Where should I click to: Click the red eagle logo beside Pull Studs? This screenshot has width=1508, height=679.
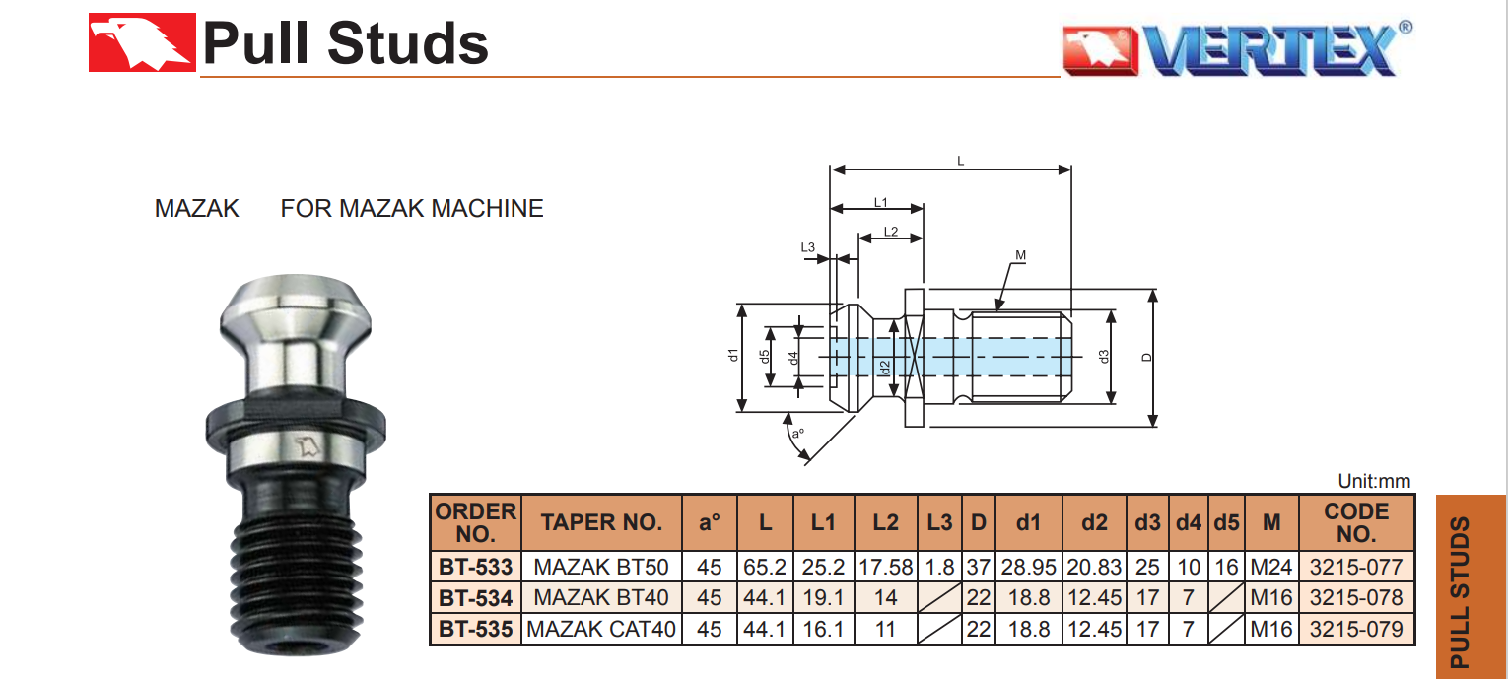(x=141, y=43)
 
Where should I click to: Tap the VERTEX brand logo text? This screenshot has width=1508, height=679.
(x=1271, y=49)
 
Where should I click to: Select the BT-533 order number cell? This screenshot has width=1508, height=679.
(x=475, y=568)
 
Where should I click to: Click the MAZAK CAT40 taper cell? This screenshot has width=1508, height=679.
(x=601, y=629)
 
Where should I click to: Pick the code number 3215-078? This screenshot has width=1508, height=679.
(x=1356, y=598)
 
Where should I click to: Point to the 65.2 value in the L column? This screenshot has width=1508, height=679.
(x=765, y=568)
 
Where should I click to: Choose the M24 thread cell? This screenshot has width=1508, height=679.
(x=1271, y=568)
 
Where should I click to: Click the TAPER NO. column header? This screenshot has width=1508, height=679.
(x=601, y=523)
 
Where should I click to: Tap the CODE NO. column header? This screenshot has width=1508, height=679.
(x=1356, y=523)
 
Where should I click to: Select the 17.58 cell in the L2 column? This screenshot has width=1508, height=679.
(x=885, y=568)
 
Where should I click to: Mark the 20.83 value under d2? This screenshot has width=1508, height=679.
(x=1094, y=568)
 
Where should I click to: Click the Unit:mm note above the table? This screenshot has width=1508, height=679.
(x=1374, y=482)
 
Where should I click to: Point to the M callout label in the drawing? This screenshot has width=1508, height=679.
(x=1020, y=256)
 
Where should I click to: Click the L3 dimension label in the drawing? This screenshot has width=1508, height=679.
(x=807, y=247)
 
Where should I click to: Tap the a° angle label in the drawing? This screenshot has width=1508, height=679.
(x=798, y=432)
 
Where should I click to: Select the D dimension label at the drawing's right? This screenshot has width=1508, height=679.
(x=1146, y=358)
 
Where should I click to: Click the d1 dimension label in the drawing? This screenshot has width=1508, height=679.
(x=732, y=357)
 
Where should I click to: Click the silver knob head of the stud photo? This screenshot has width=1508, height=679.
(x=294, y=315)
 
